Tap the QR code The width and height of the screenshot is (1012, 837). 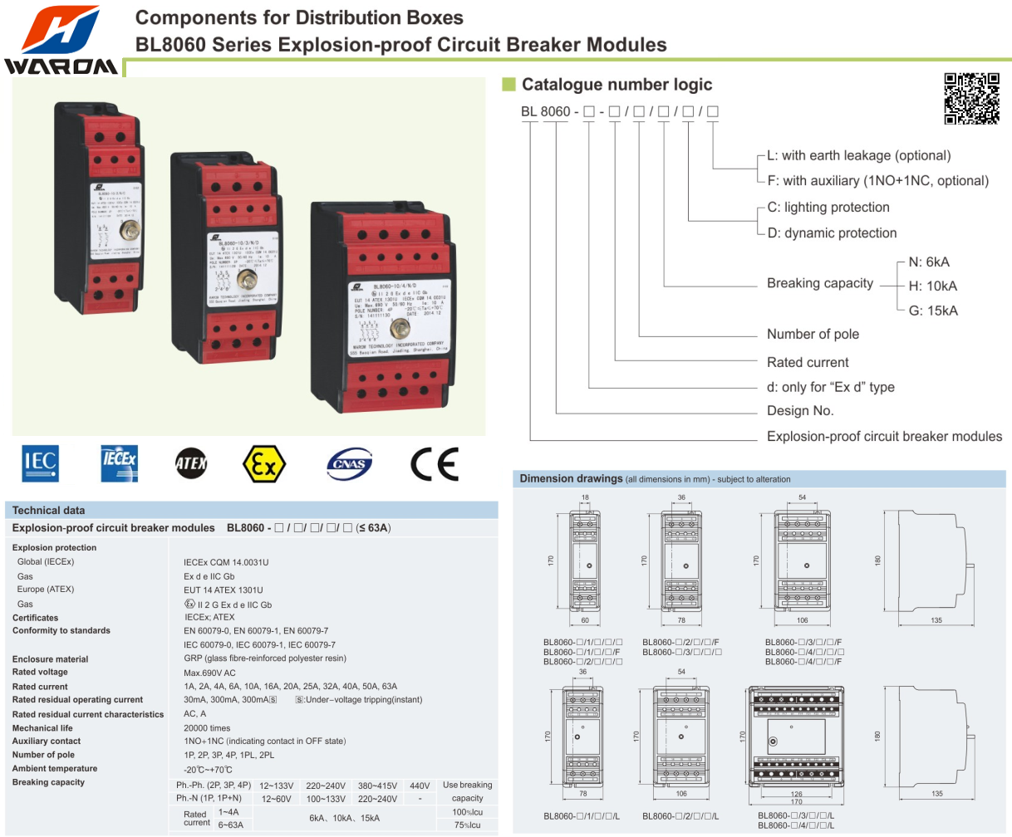[971, 99]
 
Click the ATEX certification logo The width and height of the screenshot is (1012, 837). [191, 463]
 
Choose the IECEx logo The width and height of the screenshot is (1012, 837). [120, 463]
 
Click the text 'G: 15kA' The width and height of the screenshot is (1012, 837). [933, 311]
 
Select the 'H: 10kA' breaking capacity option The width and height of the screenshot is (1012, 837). [932, 286]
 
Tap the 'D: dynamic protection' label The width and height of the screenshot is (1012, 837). [832, 233]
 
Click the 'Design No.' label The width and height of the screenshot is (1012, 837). [800, 411]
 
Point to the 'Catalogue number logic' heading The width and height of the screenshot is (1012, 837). [617, 85]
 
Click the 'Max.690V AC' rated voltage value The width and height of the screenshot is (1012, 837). [209, 673]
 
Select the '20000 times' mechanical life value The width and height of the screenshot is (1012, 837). [207, 728]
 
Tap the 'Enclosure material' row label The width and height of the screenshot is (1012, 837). [50, 659]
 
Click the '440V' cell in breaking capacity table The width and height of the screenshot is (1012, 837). [420, 786]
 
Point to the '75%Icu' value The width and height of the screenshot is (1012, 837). [467, 825]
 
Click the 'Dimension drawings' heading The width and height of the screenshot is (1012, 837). [571, 479]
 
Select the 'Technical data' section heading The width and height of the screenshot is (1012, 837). [48, 511]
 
